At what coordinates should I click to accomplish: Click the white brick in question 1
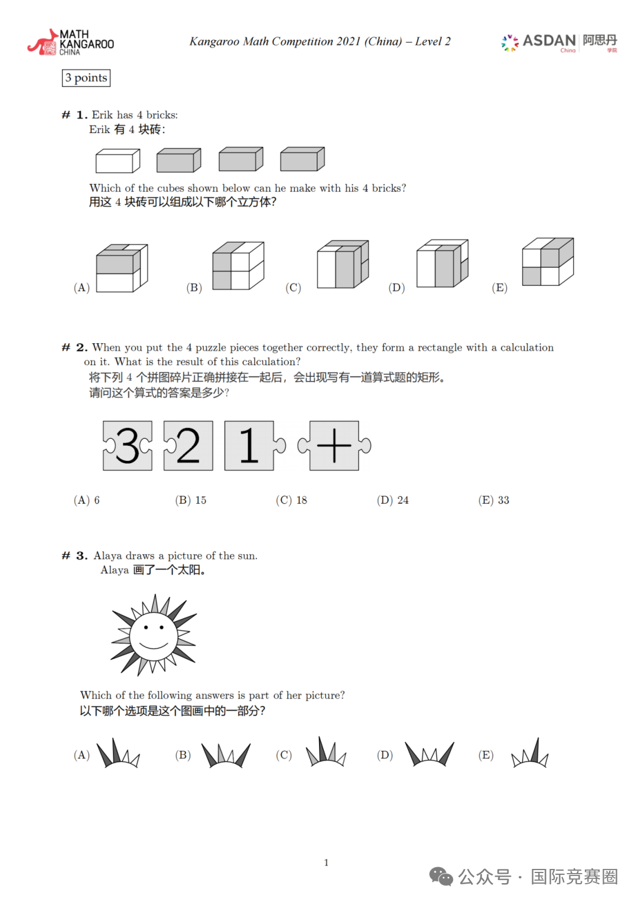click(118, 161)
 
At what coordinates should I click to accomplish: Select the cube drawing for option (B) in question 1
click(238, 265)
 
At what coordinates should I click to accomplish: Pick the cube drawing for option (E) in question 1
click(548, 262)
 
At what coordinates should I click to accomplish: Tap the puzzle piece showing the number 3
click(128, 446)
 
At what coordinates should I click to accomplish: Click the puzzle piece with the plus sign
click(334, 446)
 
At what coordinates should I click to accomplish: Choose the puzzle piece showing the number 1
click(254, 446)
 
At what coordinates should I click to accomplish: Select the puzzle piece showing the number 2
click(188, 446)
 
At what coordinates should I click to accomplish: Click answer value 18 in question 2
click(302, 500)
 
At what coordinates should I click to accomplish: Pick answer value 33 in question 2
click(503, 500)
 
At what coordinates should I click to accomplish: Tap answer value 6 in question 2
click(97, 500)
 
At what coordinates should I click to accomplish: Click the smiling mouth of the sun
click(153, 644)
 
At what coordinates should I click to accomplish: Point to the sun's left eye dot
click(146, 627)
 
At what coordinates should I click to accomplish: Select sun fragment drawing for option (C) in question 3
click(326, 751)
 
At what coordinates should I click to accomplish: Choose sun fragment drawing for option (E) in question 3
click(530, 752)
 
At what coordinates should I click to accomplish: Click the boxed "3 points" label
click(86, 78)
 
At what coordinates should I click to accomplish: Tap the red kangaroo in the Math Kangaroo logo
click(43, 42)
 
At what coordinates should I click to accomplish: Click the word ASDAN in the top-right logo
click(549, 41)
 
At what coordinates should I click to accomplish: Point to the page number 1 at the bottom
click(326, 862)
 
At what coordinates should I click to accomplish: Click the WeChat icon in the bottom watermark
click(441, 876)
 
